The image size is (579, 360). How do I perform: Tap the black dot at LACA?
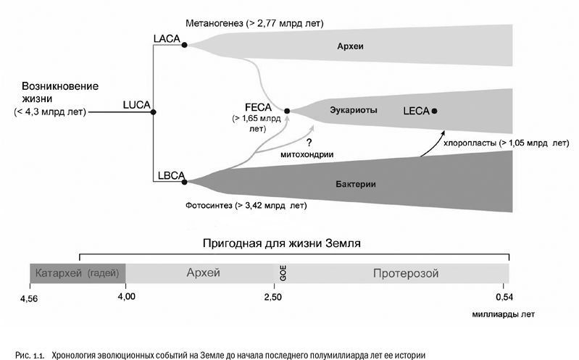pyautogui.click(x=185, y=45)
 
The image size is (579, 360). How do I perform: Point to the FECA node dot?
pyautogui.click(x=288, y=111)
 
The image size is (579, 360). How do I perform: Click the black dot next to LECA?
pyautogui.click(x=434, y=111)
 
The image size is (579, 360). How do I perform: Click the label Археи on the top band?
pyautogui.click(x=349, y=46)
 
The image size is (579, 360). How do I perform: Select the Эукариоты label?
pyautogui.click(x=353, y=111)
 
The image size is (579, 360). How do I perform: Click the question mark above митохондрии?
pyautogui.click(x=309, y=143)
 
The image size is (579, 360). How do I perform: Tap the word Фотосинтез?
pyautogui.click(x=209, y=206)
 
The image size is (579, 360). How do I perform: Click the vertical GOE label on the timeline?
pyautogui.click(x=283, y=273)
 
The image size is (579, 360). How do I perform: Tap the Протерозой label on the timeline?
pyautogui.click(x=406, y=273)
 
